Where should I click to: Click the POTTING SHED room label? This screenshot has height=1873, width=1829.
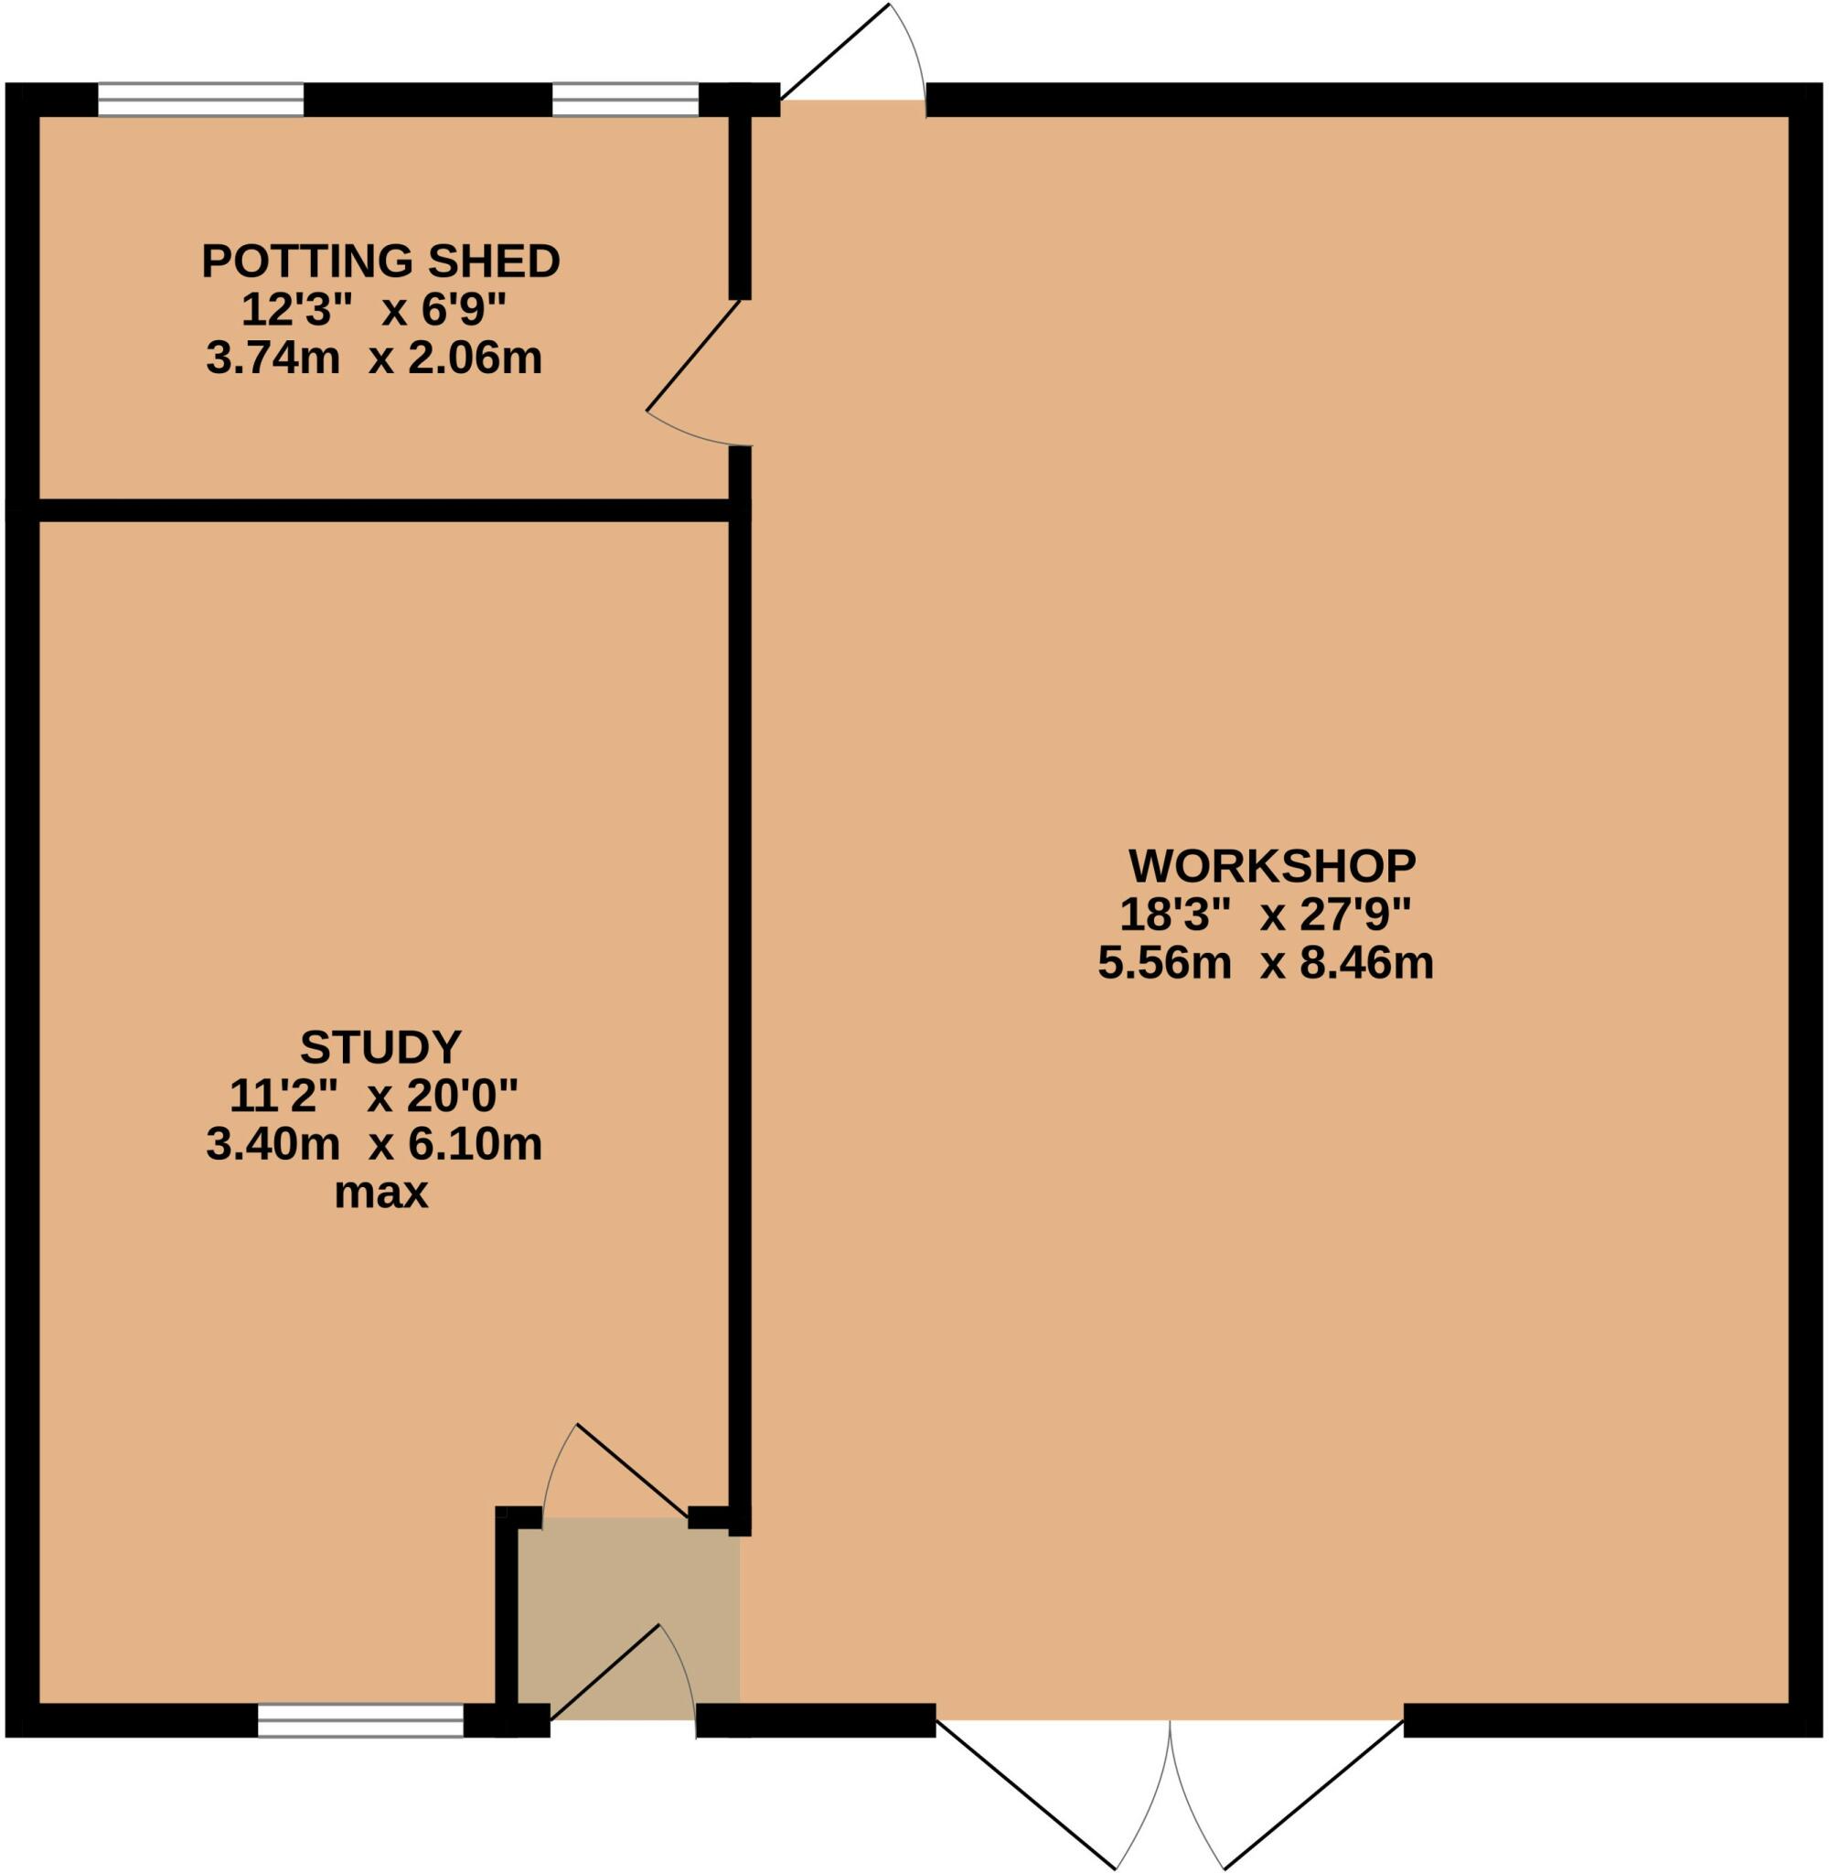point(380,262)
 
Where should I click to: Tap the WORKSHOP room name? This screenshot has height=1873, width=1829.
point(1271,866)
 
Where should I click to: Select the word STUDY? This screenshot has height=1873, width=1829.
point(380,1047)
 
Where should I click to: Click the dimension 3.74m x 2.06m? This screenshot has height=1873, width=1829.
point(374,359)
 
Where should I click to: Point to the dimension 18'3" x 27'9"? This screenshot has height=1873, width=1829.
point(1264,915)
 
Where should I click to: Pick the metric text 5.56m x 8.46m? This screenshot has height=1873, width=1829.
point(1265,962)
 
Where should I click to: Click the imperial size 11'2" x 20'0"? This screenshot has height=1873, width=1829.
point(373,1095)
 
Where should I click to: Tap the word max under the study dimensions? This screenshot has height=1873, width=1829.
point(380,1193)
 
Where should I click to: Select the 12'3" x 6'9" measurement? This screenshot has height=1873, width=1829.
point(373,309)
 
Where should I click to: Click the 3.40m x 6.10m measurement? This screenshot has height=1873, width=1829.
point(374,1144)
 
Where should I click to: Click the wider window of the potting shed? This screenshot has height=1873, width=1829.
point(201,99)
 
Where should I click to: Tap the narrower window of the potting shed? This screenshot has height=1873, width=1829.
point(625,99)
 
